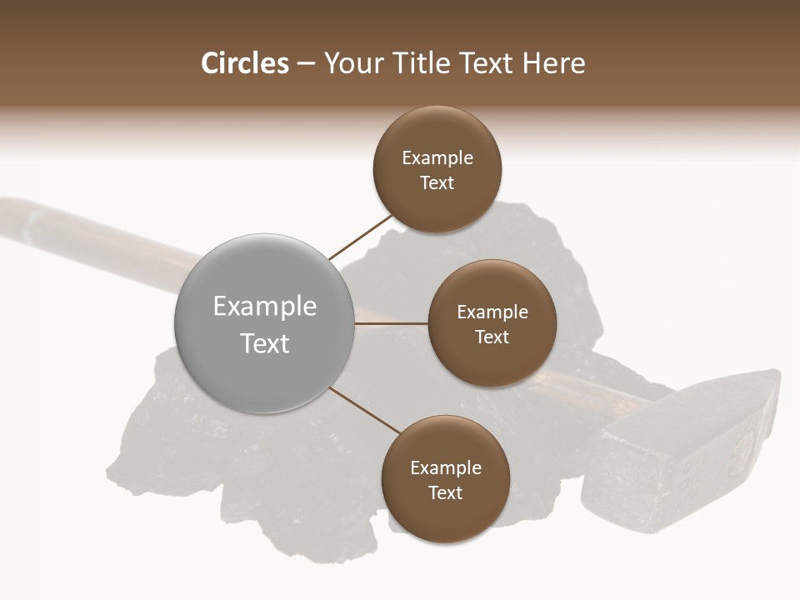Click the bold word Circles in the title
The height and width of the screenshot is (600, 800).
point(244,64)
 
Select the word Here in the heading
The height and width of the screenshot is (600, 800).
point(553,64)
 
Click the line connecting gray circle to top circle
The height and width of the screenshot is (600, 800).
point(361,237)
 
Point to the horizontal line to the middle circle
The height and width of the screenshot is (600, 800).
point(391,323)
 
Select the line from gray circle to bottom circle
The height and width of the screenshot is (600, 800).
point(363,411)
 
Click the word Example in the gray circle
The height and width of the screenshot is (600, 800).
point(265,306)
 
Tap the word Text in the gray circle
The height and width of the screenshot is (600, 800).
point(265,343)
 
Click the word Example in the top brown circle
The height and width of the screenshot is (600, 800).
point(437,157)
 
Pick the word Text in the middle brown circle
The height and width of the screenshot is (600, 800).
point(492,337)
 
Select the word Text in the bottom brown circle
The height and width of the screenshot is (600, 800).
point(445,492)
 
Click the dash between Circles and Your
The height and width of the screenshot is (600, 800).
point(306,64)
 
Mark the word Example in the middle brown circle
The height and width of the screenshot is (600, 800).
point(492,312)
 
